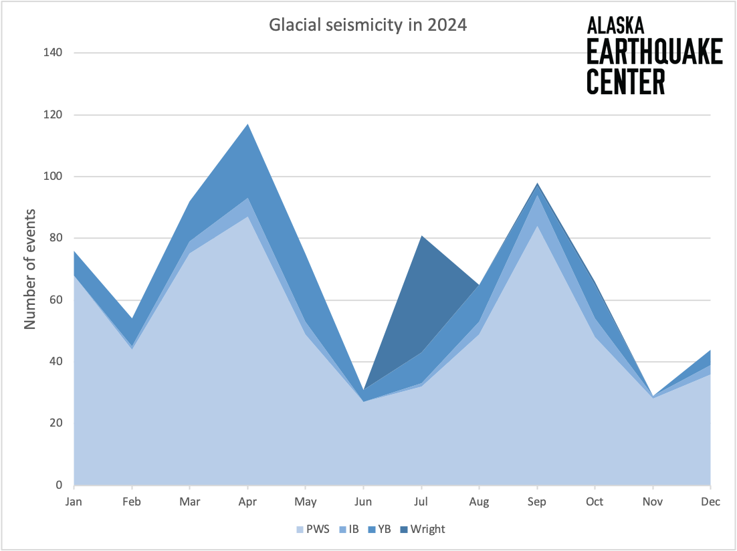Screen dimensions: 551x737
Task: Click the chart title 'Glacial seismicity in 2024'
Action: point(367,25)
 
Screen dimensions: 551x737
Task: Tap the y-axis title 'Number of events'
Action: point(30,269)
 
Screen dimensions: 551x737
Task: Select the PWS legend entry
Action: point(312,529)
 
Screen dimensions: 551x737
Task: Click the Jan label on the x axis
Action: point(74,502)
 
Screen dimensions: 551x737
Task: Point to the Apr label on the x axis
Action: point(247,502)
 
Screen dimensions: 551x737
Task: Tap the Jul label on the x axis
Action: point(421,502)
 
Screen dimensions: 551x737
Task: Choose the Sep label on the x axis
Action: point(537,502)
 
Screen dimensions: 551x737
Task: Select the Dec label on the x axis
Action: point(710,502)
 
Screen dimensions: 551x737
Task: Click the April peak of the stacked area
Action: point(248,124)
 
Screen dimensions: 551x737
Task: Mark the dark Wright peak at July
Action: point(421,236)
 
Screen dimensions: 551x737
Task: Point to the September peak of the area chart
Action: point(537,183)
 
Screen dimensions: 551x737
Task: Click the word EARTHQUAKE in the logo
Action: point(654,52)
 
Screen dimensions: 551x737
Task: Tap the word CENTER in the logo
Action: point(626,81)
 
